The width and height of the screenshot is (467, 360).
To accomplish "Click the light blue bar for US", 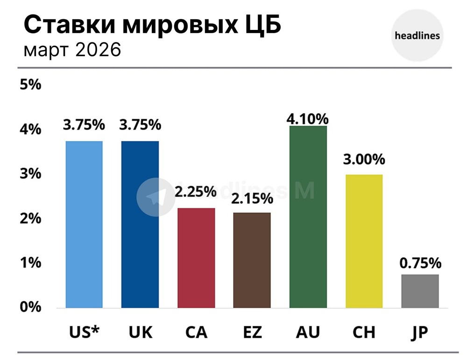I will click(84, 224).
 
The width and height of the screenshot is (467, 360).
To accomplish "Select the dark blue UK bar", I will click(140, 224).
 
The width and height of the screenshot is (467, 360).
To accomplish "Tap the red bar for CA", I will click(196, 258).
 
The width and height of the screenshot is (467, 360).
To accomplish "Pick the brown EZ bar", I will click(252, 260).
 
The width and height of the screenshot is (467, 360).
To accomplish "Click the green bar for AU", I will click(308, 217).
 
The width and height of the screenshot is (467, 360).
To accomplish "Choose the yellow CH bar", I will click(364, 241).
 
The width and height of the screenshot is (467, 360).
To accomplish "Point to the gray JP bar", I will click(420, 291).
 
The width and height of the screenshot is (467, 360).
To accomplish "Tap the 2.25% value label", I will click(196, 191).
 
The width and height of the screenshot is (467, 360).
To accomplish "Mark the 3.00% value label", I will click(364, 159).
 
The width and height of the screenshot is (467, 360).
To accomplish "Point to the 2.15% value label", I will click(252, 198).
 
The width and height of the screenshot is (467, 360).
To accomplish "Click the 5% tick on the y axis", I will click(31, 85).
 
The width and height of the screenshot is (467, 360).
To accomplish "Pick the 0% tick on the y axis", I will click(31, 307).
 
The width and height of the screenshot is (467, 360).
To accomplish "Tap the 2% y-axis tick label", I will click(31, 219).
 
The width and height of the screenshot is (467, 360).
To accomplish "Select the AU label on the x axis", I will click(308, 332).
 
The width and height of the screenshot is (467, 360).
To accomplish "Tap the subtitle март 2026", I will click(72, 49).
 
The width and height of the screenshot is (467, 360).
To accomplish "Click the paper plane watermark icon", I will click(155, 197).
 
